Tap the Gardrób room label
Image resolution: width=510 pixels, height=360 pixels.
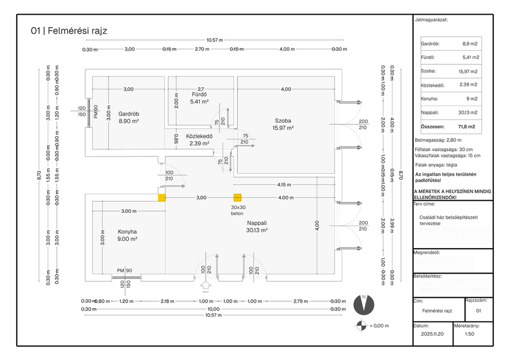(x=128, y=114)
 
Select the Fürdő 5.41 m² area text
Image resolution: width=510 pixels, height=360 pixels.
(x=198, y=102)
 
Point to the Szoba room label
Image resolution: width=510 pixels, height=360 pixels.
(x=284, y=120)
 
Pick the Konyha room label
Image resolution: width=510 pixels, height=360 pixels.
(x=127, y=232)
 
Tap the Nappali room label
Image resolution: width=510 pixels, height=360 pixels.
(x=257, y=223)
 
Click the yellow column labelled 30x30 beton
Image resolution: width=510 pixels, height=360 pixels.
(x=238, y=198)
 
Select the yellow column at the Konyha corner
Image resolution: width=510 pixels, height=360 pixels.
(x=162, y=198)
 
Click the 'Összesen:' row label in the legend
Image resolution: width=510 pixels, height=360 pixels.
(x=432, y=126)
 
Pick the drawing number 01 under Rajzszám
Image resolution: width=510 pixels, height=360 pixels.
(x=479, y=311)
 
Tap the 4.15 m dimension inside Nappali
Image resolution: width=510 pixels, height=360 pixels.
(x=284, y=185)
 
